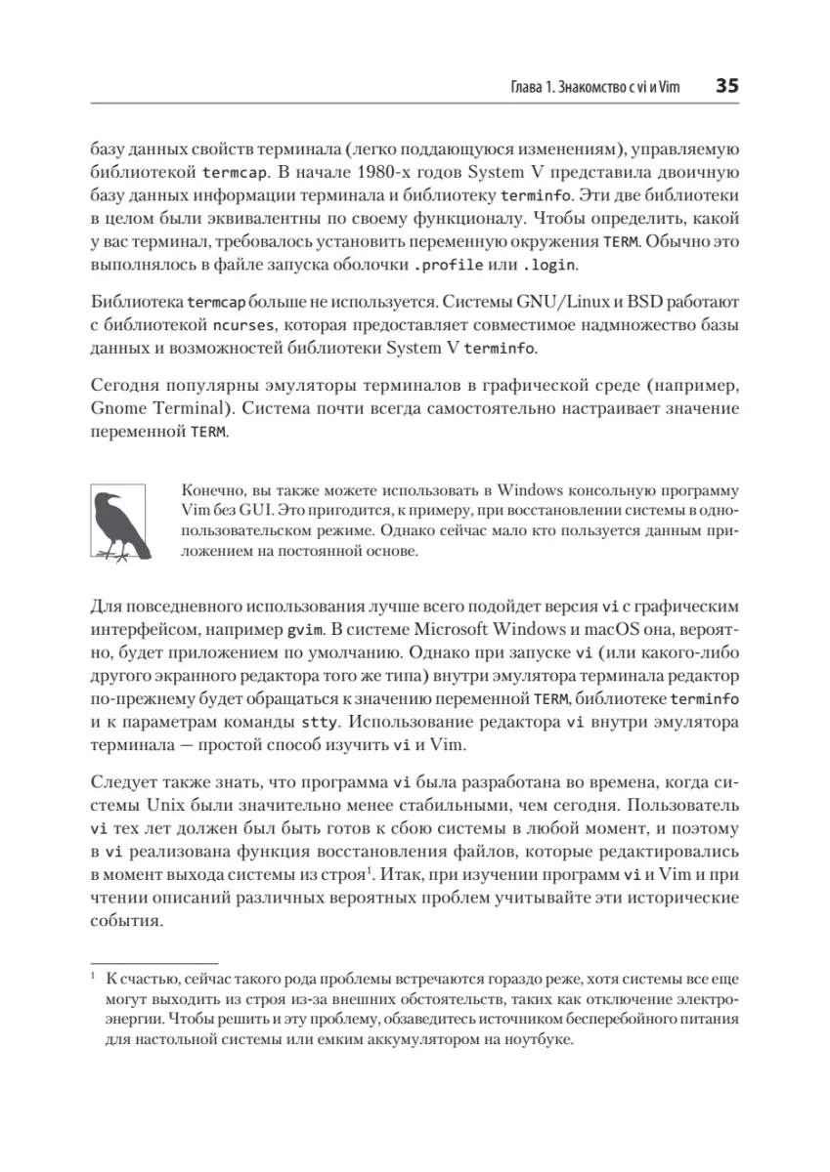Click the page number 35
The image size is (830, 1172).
tap(726, 86)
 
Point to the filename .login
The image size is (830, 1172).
tap(549, 265)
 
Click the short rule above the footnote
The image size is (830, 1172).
tap(153, 961)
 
